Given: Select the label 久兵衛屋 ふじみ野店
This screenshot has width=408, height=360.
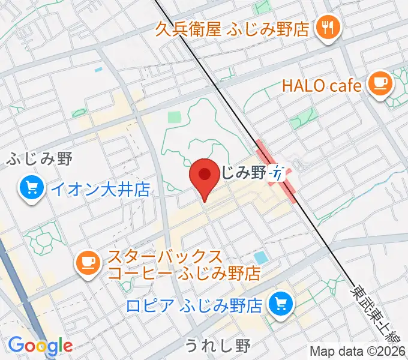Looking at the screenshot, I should coord(231,28).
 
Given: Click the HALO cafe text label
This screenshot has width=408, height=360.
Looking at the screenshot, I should coord(322,85).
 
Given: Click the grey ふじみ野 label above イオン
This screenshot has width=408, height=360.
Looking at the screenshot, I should coord(40,159).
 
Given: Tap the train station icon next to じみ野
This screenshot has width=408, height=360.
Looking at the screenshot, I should coord(278,173).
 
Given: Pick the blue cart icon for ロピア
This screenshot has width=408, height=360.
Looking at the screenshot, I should coord(280,305).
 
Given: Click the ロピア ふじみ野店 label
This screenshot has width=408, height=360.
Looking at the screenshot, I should coord(194,305).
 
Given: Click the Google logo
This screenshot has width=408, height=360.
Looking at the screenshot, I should coord(40,346).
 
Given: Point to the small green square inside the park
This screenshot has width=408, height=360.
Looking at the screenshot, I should coord(173,117).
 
